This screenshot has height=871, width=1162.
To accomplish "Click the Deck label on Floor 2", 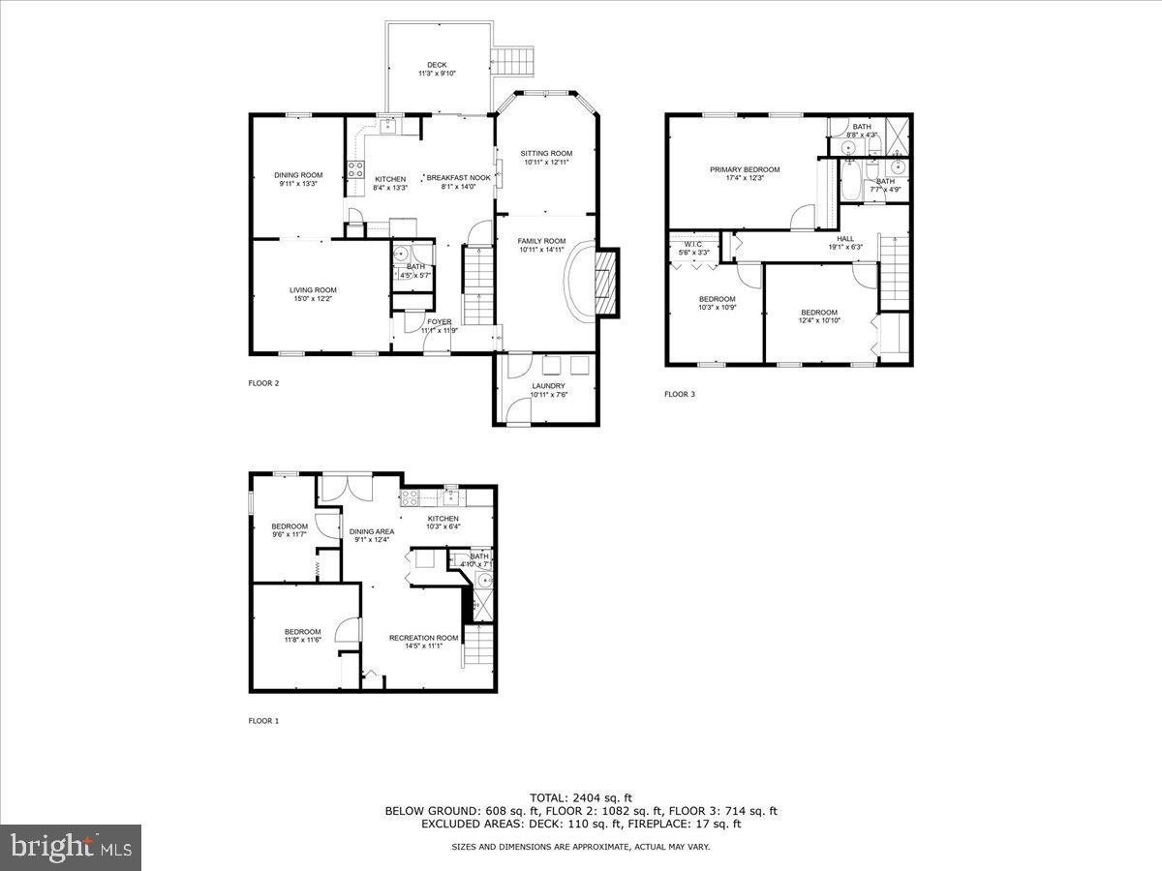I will [437, 65].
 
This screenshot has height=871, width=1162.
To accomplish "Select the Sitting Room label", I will [546, 153].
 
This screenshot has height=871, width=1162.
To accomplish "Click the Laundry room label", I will [548, 386].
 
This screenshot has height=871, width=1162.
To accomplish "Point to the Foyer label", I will [439, 322].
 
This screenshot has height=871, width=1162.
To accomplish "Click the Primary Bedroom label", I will [744, 169].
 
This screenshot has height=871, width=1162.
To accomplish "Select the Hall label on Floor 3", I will [845, 238].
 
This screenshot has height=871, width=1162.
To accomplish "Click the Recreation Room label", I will [423, 638].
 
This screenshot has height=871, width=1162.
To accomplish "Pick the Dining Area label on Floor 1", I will [371, 531].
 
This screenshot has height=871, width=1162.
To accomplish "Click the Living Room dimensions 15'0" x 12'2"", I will [312, 299].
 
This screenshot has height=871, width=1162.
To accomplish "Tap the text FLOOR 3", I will [679, 394].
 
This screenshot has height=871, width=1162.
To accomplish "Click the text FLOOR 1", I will [263, 720].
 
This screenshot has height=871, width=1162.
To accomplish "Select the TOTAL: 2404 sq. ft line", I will [581, 798].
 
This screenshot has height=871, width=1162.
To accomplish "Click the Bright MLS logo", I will [71, 848].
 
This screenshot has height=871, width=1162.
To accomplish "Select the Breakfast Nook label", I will [458, 178].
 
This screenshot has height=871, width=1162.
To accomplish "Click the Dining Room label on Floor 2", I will [297, 175].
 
